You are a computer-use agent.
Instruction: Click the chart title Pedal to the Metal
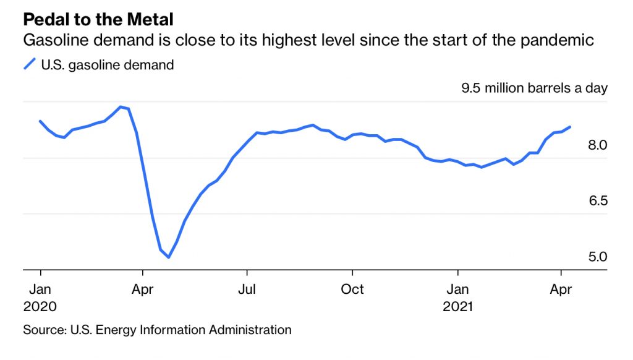[98, 19]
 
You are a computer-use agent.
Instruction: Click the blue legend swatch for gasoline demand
[30, 64]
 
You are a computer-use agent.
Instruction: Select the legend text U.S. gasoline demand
[107, 64]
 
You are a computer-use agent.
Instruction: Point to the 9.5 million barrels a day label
[534, 88]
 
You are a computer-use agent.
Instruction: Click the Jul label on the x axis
[247, 289]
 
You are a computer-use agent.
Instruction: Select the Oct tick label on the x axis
[352, 289]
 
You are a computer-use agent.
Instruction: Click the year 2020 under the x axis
[40, 306]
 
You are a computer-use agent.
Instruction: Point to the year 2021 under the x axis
[458, 306]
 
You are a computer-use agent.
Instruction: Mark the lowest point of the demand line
[168, 257]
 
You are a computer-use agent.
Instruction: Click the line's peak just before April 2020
[121, 106]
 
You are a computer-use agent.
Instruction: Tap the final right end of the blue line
[569, 127]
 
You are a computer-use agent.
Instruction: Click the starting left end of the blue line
[40, 121]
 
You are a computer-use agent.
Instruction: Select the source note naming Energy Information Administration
[157, 330]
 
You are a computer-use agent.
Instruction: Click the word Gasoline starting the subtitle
[53, 41]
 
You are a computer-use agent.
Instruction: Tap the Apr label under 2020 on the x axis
[143, 289]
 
